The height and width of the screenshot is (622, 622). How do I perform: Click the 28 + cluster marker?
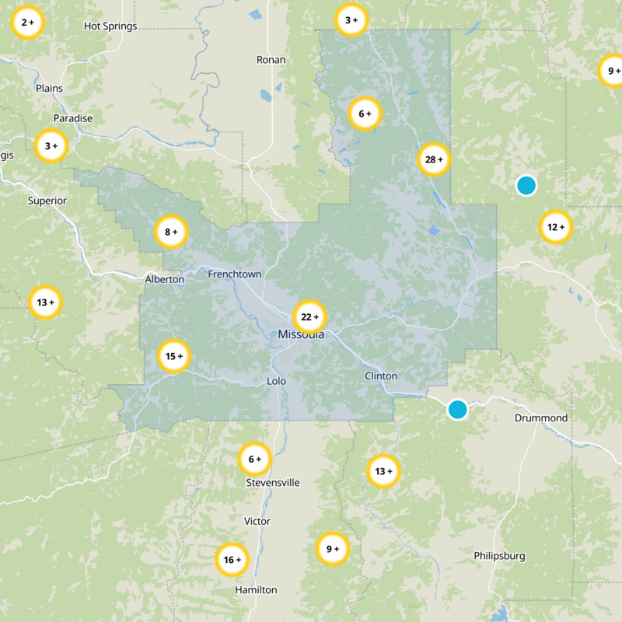tap(434, 160)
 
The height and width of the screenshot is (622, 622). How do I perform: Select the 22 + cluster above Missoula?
tap(309, 316)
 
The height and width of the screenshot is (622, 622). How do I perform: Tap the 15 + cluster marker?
tap(173, 357)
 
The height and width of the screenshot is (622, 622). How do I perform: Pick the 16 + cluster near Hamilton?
tap(232, 560)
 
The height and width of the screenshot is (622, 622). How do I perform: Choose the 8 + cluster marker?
tap(171, 231)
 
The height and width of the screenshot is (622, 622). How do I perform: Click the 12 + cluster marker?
tap(555, 227)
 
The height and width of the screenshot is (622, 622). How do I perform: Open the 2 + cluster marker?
tap(27, 23)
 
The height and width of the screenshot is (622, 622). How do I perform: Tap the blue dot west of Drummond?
tap(457, 409)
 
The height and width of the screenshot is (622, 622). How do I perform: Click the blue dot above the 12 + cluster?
tap(526, 185)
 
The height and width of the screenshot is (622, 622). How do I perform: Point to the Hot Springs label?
tap(110, 26)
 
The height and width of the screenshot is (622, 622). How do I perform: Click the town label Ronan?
tap(271, 60)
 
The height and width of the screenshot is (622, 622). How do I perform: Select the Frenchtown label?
tap(234, 274)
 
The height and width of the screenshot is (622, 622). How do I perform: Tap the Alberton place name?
tap(165, 279)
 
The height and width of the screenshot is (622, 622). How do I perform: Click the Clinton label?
tap(381, 376)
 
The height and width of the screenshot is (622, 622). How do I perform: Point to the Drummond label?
tap(541, 418)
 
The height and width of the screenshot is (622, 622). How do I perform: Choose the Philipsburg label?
tap(499, 556)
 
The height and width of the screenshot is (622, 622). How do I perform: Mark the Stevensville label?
tap(273, 483)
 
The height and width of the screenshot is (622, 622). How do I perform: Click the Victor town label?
tap(257, 521)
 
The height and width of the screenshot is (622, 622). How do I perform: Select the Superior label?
tap(47, 201)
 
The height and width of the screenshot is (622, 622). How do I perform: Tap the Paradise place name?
tap(72, 118)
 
